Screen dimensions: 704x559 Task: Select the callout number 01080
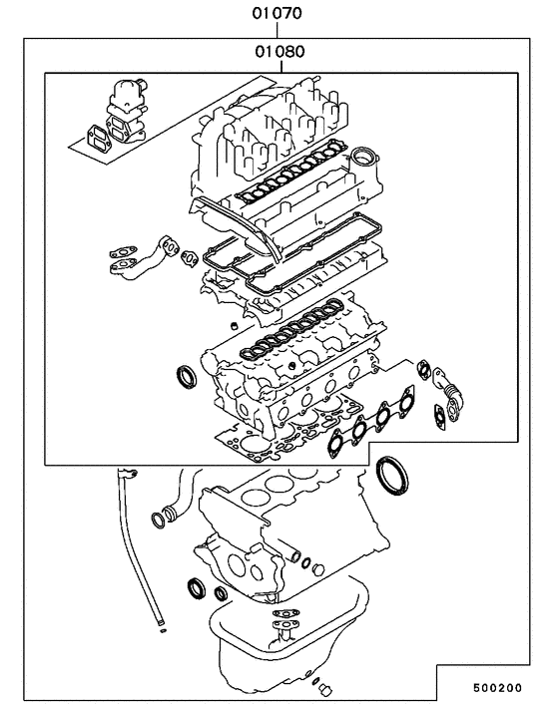click(280, 50)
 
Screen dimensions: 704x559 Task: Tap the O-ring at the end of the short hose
click(159, 519)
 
